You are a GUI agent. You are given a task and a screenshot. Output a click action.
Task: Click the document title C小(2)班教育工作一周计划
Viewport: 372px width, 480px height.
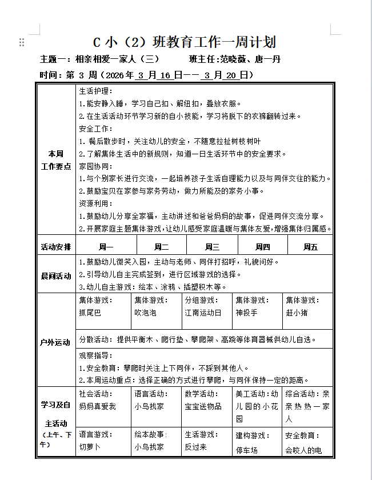click(x=185, y=42)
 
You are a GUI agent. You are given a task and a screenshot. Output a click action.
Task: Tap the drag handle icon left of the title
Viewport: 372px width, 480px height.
click(x=22, y=42)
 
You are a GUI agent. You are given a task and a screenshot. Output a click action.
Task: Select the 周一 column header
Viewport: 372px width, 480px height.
click(x=106, y=247)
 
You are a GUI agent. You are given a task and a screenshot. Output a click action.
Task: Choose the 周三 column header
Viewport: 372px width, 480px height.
click(x=212, y=247)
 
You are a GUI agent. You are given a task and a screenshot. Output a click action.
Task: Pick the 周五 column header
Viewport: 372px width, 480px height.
click(x=310, y=247)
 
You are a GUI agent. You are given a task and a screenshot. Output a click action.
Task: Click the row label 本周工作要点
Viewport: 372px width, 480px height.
click(x=56, y=160)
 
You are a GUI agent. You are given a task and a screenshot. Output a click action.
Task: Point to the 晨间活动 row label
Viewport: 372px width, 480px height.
click(x=56, y=275)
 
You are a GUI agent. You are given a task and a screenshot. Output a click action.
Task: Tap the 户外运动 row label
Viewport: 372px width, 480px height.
click(x=56, y=342)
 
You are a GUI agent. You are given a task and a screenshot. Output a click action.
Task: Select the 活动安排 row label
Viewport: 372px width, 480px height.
click(x=56, y=247)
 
